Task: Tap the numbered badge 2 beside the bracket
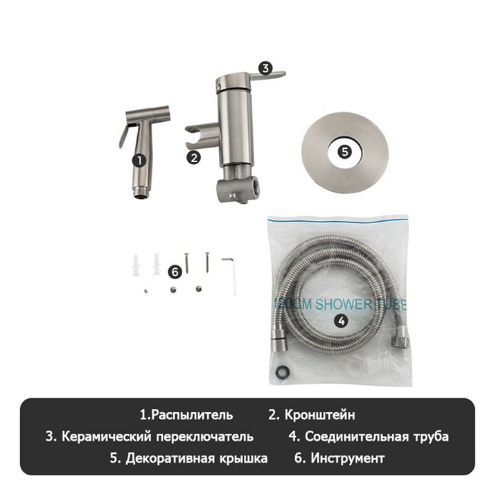pyautogui.click(x=194, y=157)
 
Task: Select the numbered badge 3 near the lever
pyautogui.click(x=265, y=68)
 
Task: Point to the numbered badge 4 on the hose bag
pyautogui.click(x=340, y=320)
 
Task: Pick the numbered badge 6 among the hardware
pyautogui.click(x=175, y=272)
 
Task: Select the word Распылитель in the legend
pyautogui.click(x=191, y=415)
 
